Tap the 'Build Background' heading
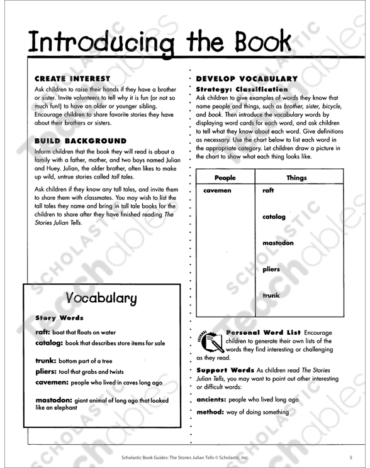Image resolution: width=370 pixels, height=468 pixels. [x=81, y=141]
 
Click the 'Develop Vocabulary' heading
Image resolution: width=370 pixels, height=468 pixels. [x=246, y=79]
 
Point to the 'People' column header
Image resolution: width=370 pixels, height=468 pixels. [x=225, y=178]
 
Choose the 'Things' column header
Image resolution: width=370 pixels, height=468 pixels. [x=296, y=178]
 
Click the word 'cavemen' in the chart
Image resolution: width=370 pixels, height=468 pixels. [x=217, y=190]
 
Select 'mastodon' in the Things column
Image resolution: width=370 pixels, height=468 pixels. [x=277, y=242]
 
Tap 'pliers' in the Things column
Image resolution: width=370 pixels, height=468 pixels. [x=271, y=269]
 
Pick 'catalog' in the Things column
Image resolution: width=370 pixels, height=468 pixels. [x=274, y=217]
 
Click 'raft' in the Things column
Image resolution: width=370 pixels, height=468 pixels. [x=268, y=190]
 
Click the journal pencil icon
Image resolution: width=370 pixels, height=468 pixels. [x=211, y=341]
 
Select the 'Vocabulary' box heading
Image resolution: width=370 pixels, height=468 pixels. [x=101, y=298]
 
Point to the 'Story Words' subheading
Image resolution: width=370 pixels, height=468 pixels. [x=59, y=318]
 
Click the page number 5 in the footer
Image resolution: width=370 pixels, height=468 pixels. [x=351, y=456]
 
